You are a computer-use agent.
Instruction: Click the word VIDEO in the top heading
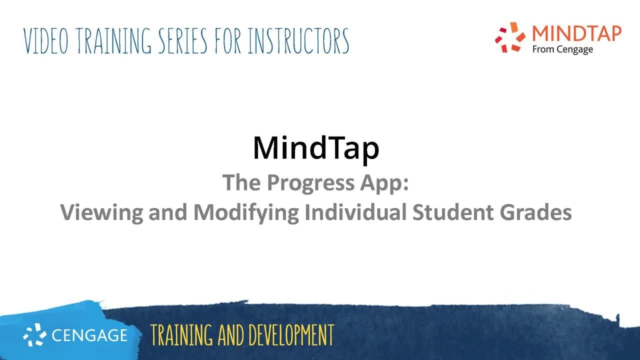pyautogui.click(x=45, y=41)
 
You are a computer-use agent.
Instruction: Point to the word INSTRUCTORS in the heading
pyautogui.click(x=298, y=41)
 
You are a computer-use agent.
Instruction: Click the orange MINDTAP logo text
pyautogui.click(x=576, y=33)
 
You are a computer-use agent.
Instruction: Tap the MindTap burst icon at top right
pyautogui.click(x=510, y=37)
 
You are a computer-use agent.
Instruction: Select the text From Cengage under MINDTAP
pyautogui.click(x=562, y=49)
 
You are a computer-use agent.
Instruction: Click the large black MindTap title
pyautogui.click(x=316, y=147)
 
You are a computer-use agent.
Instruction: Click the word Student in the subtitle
pyautogui.click(x=452, y=213)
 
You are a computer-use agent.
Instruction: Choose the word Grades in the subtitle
pyautogui.click(x=535, y=213)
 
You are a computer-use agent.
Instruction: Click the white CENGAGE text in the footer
pyautogui.click(x=89, y=335)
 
